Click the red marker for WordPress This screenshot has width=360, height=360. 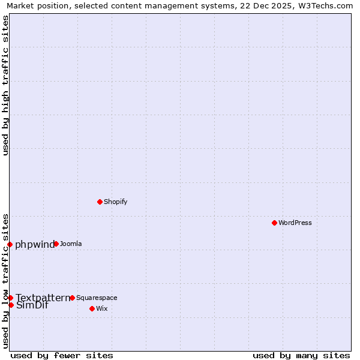[274, 223]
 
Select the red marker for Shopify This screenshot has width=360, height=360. [100, 202]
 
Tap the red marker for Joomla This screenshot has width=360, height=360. [56, 244]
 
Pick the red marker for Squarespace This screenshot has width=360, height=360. [72, 298]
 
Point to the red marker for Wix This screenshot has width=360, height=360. [92, 308]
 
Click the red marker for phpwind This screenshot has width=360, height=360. [10, 244]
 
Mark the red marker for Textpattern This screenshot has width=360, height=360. [10, 298]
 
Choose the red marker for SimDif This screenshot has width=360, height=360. [11, 305]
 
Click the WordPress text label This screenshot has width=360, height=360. [295, 223]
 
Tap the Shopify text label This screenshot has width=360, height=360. [115, 202]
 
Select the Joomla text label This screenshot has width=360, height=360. [71, 244]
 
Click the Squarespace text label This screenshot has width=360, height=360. [97, 298]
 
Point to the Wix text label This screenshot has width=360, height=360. [102, 308]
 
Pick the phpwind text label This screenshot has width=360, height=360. [34, 244]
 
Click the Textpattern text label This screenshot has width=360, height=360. [43, 298]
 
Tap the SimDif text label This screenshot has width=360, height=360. [32, 305]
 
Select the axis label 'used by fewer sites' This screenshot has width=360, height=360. [62, 355]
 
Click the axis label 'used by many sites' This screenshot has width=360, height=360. [301, 355]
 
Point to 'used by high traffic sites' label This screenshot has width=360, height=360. [6, 85]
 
